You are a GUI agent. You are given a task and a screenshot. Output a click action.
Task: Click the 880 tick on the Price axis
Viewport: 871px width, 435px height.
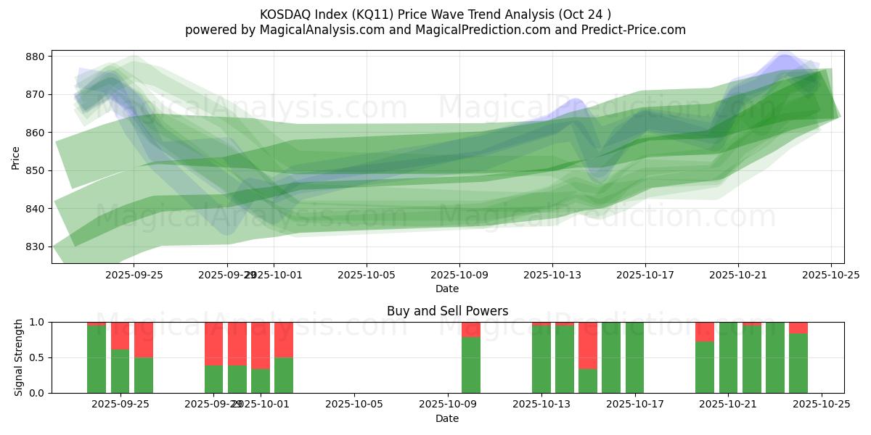click(x=36, y=57)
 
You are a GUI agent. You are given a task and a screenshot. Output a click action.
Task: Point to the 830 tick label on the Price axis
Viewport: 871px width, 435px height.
click(x=36, y=246)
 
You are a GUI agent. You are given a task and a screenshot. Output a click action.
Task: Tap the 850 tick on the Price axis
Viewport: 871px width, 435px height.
click(x=36, y=170)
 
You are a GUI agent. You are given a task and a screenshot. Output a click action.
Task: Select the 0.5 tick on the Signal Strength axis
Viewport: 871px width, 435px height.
click(x=37, y=357)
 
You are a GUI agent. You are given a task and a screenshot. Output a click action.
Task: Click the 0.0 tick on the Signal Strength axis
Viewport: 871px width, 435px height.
click(x=37, y=393)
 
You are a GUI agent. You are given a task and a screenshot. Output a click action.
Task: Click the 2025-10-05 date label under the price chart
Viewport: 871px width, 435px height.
click(x=367, y=275)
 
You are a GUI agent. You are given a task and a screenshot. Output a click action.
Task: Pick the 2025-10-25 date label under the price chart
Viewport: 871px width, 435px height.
click(x=831, y=275)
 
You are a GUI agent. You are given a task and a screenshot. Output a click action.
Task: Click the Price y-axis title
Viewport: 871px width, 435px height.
click(x=16, y=157)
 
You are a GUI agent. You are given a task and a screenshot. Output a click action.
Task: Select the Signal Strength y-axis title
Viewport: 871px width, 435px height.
click(x=19, y=357)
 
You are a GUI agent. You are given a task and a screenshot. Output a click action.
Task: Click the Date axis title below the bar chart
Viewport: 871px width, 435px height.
click(x=447, y=418)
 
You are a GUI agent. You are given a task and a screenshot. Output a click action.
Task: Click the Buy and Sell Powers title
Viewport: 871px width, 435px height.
click(x=447, y=311)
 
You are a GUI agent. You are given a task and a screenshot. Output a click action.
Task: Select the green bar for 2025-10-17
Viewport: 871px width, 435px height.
click(x=634, y=357)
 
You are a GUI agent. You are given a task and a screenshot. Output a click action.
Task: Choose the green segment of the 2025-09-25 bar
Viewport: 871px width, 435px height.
click(x=120, y=371)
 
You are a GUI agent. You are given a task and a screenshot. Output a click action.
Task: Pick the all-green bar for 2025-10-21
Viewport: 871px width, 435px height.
click(x=728, y=357)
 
